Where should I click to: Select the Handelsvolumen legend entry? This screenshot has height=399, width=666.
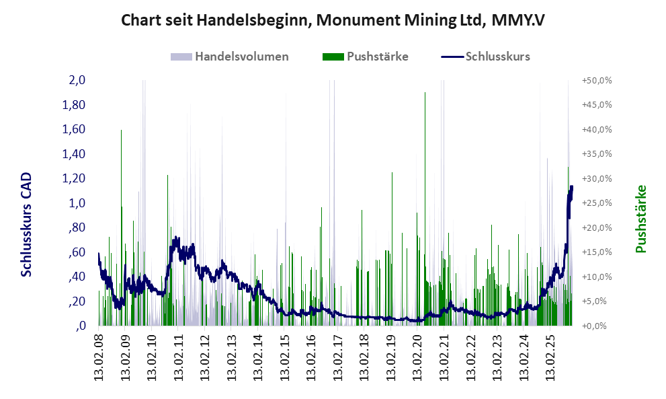click(x=241, y=57)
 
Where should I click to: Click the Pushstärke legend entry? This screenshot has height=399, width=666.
click(x=377, y=57)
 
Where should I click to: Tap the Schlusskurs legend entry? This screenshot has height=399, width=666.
click(x=498, y=57)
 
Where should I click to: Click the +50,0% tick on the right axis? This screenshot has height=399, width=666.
click(x=597, y=80)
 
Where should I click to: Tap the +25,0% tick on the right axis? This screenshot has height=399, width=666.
click(x=597, y=203)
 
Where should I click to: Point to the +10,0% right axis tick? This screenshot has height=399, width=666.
click(x=597, y=277)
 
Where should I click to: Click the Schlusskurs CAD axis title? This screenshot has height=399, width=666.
click(x=27, y=225)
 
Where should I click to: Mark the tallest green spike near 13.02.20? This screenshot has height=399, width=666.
click(x=425, y=94)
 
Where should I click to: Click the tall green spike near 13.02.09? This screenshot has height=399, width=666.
click(x=121, y=132)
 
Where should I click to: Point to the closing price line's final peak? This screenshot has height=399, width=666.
click(x=571, y=186)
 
